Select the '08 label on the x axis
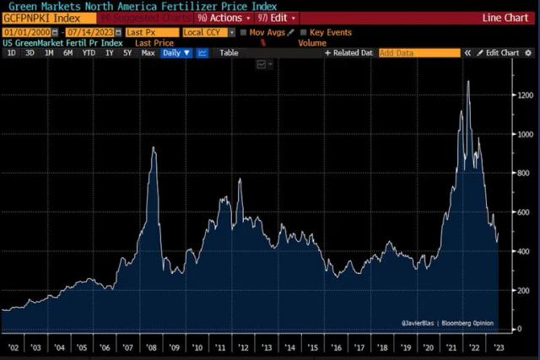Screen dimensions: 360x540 [x=153, y=346]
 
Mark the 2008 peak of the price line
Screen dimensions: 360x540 [x=154, y=148]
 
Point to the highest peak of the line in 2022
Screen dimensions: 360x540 [x=468, y=82]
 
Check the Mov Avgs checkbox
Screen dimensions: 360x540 [x=244, y=32]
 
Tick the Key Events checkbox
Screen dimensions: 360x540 [x=302, y=32]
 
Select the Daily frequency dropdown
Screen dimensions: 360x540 [x=175, y=52]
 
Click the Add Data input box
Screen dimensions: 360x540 [x=418, y=52]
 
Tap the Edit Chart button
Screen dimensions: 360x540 [x=499, y=52]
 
